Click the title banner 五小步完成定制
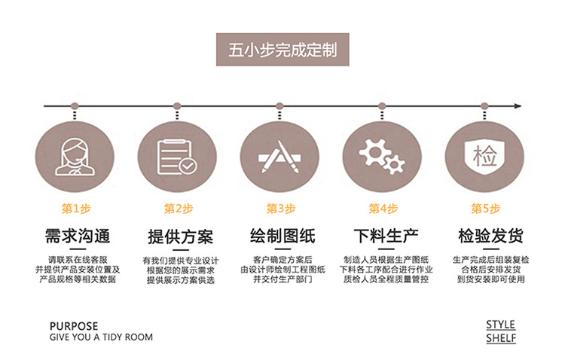(x=282, y=51)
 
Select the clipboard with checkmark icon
(x=177, y=156)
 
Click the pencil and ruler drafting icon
(x=279, y=156)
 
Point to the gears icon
(x=382, y=156)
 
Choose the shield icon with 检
(x=484, y=156)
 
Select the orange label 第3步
(x=280, y=209)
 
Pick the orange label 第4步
(x=383, y=209)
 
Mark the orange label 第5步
(x=485, y=209)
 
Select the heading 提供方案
(x=179, y=235)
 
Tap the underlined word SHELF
(x=501, y=338)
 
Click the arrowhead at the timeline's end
(x=520, y=105)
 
